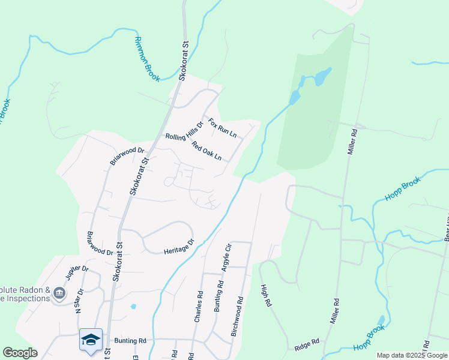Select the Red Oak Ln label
coord(206,151)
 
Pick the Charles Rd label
coord(198,307)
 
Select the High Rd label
coord(264,296)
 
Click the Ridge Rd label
coord(306,347)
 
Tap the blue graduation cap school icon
coord(90,340)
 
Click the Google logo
coord(20,353)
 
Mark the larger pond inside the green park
coord(323,76)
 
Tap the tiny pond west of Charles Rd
coord(133,307)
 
